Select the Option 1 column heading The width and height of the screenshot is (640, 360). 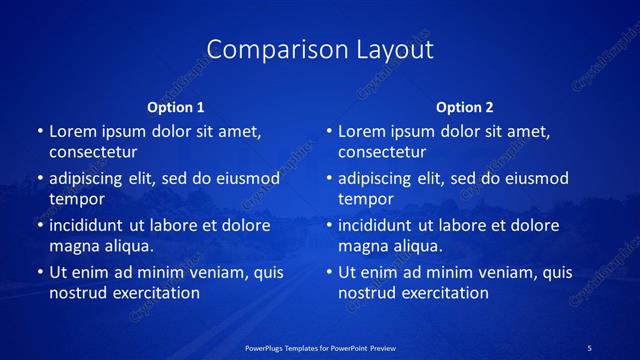pos(176,107)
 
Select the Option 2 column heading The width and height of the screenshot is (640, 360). pos(465,107)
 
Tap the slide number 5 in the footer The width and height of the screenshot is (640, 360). pos(589,348)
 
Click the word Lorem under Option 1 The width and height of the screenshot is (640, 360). pos(72,130)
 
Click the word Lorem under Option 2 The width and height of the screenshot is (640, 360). pos(361,130)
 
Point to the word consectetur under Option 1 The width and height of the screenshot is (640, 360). pos(93,152)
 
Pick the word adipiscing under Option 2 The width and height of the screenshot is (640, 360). pos(375,178)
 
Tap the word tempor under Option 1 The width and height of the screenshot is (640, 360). pos(77,199)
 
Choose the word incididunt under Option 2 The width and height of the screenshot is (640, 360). pos(376,225)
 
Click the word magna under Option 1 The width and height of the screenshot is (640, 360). pos(73,246)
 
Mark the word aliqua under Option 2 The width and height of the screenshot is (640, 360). pos(419,246)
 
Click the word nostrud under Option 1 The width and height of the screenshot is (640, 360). pos(78,293)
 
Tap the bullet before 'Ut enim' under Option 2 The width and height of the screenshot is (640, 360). pos(328,272)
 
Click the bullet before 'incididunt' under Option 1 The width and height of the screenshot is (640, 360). pos(39,225)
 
